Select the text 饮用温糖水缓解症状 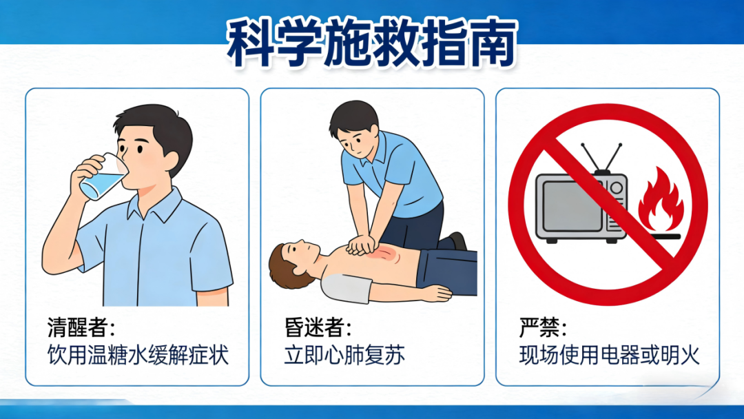pos(136,356)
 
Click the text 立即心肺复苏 pos(344,356)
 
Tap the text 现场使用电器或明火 pos(609,356)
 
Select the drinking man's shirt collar pos(155,207)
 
